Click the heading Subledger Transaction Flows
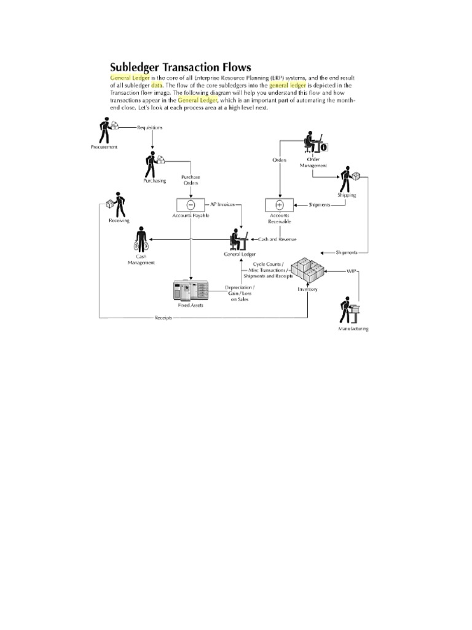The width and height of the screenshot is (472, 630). pos(180,66)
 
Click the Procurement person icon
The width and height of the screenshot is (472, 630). pos(105,130)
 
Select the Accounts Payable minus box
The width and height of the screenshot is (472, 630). pos(190,204)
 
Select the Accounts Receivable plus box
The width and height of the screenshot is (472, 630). pos(279,204)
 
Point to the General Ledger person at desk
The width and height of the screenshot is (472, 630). pos(238,238)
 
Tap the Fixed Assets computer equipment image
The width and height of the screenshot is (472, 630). pos(191,290)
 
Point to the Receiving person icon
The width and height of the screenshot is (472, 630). pos(117,206)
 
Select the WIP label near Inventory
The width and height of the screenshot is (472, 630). pos(351,270)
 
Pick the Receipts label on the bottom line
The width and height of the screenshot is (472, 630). pos(163,317)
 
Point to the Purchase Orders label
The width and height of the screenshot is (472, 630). pos(191,180)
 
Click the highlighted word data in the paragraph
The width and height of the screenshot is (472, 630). pos(157,86)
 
